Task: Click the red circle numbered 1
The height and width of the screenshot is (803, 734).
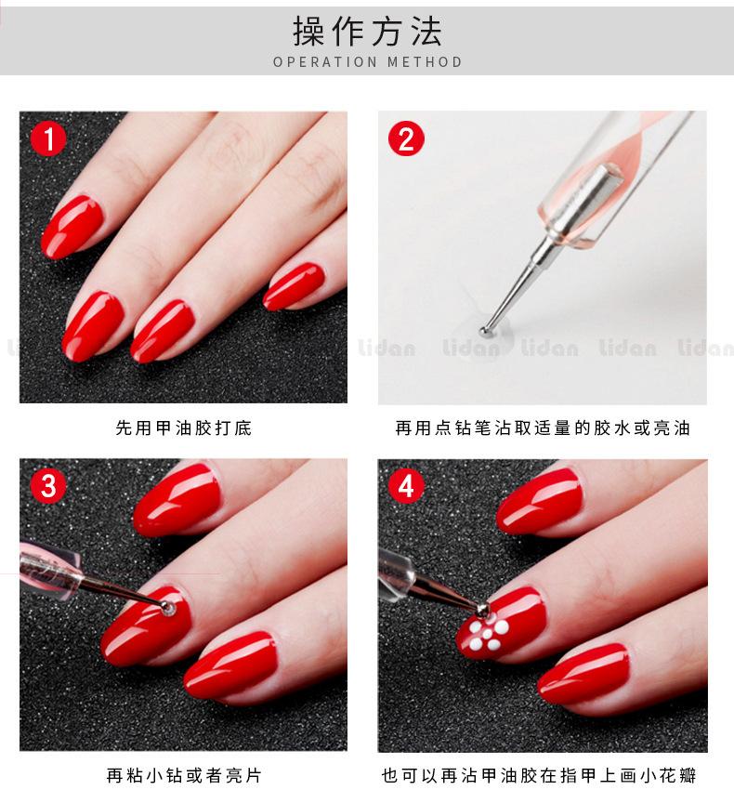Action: pos(48,138)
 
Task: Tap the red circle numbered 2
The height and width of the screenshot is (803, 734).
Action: pos(406,138)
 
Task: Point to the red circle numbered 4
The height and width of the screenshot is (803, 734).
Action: pos(406,486)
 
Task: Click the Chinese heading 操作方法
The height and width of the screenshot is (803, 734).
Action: pos(367,32)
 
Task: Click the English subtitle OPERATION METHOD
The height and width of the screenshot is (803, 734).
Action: pos(368,62)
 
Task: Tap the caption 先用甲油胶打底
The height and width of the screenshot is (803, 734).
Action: pos(184,428)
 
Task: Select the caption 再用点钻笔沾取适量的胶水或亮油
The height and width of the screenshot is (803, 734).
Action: pos(543,428)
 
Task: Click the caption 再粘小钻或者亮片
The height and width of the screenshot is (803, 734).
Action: pos(184,775)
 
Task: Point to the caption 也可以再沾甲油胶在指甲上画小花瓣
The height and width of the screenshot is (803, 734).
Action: pos(539,775)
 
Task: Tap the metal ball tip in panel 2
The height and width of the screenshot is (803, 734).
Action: pos(484,332)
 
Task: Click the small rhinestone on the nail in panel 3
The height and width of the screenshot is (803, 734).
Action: pos(168,608)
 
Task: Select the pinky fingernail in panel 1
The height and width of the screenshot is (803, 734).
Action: pos(294,287)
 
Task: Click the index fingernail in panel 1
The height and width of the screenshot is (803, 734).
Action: pos(72,227)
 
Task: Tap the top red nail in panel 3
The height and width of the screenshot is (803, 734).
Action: pos(177,500)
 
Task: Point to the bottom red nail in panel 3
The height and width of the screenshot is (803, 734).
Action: pos(229,665)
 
